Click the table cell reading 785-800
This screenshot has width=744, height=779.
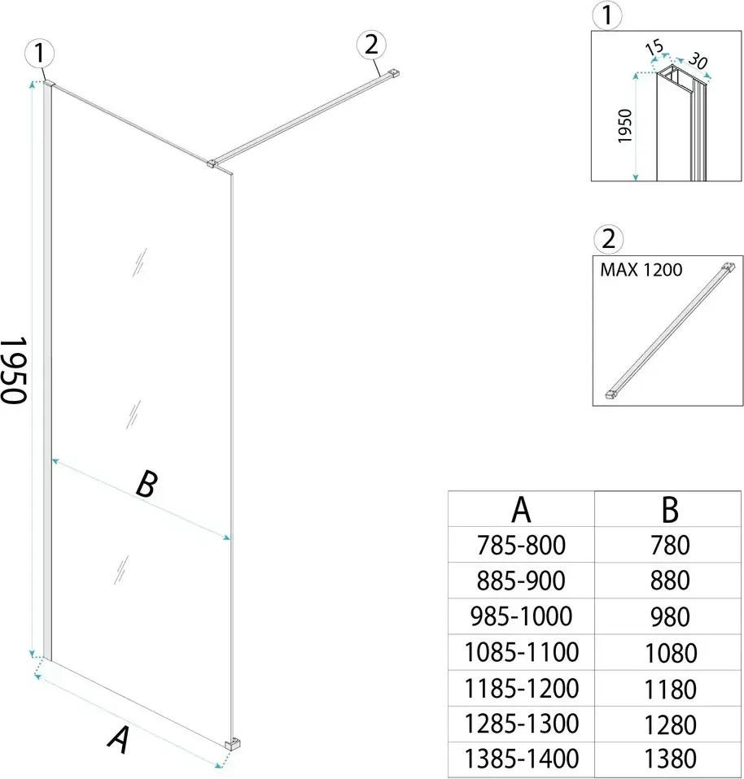coord(521,544)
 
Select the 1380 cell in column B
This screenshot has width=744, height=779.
coord(669,759)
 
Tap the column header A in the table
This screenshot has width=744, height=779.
coord(521,510)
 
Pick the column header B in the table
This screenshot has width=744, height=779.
coord(669,510)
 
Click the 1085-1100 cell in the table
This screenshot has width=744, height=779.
coord(521,651)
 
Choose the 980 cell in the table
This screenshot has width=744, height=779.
coord(669,616)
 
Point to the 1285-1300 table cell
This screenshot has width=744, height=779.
coord(521,723)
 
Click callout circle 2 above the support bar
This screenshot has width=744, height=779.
coord(371,46)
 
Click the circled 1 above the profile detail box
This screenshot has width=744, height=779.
coord(608,14)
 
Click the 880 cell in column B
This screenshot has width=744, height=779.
coord(669,580)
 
